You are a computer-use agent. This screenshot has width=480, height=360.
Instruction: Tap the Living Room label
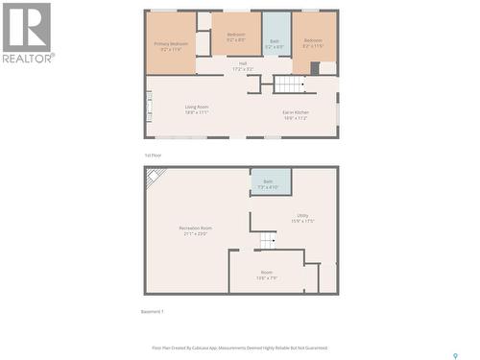pos(197,110)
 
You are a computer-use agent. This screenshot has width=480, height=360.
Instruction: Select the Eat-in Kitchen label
pos(295,116)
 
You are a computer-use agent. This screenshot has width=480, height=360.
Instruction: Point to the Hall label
pos(243,66)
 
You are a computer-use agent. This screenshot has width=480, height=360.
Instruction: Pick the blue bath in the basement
pos(270,182)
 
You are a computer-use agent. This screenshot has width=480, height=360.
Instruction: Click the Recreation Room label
pos(195,230)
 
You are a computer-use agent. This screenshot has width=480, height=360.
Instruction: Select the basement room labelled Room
pos(266,276)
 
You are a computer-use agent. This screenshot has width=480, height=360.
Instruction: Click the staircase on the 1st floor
pos(289,84)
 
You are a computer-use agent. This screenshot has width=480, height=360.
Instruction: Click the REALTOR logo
pos(27,33)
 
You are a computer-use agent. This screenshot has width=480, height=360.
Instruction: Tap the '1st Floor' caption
pos(152,155)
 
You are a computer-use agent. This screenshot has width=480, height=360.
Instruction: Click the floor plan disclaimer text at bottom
pos(240,348)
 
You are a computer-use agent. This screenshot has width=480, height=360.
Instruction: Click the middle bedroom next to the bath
pos(236,36)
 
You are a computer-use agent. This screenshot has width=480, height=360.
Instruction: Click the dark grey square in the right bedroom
pos(315,67)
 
